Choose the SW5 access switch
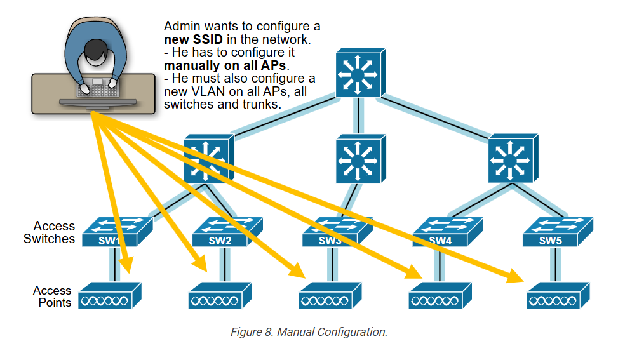tap(555, 232)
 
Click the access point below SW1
tap(109, 297)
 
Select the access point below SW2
tap(220, 297)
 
